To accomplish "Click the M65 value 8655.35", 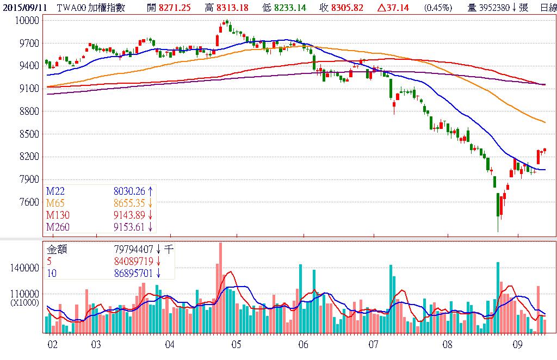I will click(x=130, y=202).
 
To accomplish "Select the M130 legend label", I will click(x=58, y=214).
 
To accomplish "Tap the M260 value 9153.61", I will click(x=130, y=226).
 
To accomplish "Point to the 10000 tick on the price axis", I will click(x=27, y=20).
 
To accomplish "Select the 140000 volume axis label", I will click(x=24, y=268).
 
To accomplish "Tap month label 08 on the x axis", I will click(x=448, y=344).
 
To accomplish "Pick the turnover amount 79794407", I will click(x=133, y=250).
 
